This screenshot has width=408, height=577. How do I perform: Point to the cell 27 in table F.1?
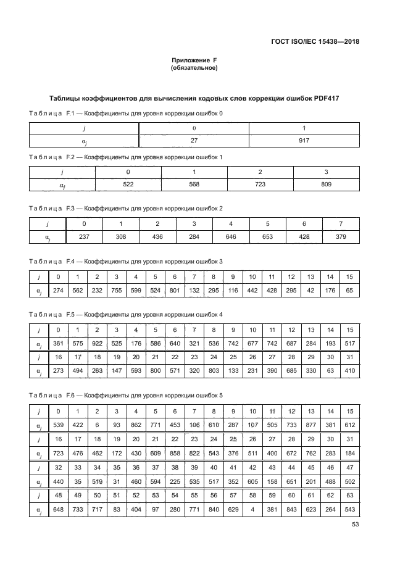[x=194, y=141]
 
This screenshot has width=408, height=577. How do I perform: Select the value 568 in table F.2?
[x=194, y=185]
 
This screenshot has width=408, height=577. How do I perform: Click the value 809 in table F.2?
[x=327, y=185]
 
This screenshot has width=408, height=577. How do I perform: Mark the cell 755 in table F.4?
[x=116, y=291]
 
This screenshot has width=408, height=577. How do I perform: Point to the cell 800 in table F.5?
[x=155, y=372]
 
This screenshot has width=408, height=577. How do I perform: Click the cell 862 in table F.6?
[x=136, y=425]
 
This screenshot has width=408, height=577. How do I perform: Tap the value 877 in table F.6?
[x=311, y=425]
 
